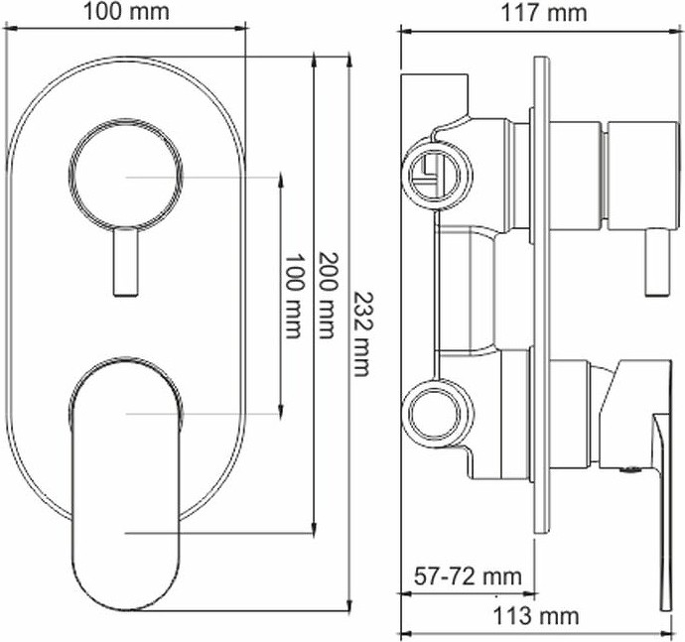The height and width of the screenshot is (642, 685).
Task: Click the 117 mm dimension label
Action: (543, 13)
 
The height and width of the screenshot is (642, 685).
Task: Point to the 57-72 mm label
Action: (468, 577)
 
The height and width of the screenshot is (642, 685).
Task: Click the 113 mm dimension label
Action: (536, 616)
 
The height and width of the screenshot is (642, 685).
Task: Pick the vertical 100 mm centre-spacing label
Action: (294, 296)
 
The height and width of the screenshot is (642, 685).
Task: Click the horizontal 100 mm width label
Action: (126, 12)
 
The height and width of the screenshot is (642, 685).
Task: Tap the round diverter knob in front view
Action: (126, 175)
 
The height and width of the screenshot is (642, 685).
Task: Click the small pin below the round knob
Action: (126, 262)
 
